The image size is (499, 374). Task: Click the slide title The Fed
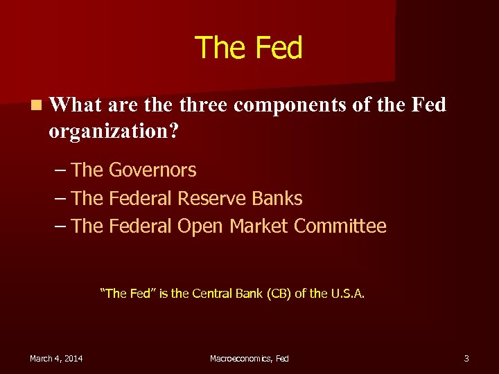point(249,48)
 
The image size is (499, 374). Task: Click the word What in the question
point(76,105)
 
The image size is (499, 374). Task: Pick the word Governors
point(152,170)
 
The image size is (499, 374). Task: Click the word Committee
point(340,226)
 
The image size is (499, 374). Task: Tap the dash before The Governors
point(60,170)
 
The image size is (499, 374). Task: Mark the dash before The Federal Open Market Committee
point(60,226)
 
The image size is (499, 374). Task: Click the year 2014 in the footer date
point(71,358)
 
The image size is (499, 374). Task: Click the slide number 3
point(466,358)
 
